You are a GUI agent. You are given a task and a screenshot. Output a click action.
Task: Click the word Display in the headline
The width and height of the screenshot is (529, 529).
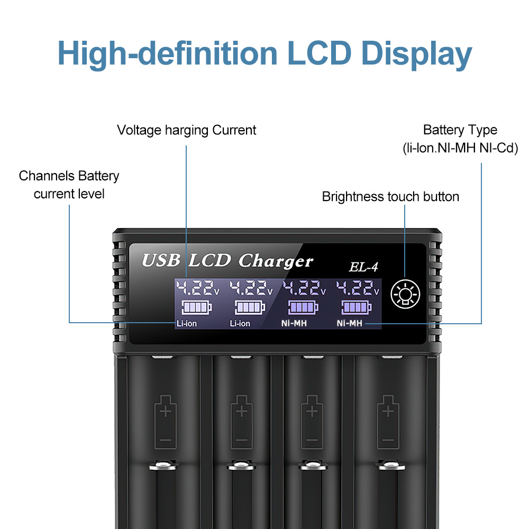[x=416, y=54]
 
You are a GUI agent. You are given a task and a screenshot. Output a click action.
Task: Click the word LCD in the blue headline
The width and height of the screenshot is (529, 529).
[x=319, y=53]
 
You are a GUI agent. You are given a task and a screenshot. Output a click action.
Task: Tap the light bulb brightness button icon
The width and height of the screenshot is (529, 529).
[x=405, y=294]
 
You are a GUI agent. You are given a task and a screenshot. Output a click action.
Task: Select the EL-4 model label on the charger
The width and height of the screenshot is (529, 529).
[x=363, y=267]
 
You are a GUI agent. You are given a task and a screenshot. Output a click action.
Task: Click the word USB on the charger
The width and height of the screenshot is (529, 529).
[x=161, y=260]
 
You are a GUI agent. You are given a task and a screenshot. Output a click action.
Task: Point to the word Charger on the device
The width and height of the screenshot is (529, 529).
[x=276, y=261]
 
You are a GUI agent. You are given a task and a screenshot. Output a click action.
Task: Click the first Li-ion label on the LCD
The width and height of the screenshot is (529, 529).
[x=187, y=324]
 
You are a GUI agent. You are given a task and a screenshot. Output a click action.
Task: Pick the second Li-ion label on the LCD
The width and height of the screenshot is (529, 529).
[x=240, y=324]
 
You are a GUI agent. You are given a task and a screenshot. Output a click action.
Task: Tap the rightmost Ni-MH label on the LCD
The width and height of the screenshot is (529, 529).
[x=349, y=323]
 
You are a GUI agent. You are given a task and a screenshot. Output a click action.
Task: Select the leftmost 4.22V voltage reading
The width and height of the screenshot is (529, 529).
[x=198, y=288]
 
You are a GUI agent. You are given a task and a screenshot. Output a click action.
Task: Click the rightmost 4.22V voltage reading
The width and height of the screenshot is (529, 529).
[x=358, y=288]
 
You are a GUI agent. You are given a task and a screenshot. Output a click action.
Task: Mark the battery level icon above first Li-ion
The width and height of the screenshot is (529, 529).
[x=197, y=307]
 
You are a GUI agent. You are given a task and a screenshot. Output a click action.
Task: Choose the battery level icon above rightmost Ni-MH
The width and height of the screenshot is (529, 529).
[x=357, y=307]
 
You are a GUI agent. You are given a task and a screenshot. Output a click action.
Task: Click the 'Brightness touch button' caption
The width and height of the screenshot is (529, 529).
[x=390, y=197]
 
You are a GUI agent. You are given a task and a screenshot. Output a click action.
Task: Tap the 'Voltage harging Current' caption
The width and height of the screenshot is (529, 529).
[x=187, y=130]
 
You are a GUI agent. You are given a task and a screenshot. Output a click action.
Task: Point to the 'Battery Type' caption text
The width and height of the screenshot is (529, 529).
[x=460, y=130]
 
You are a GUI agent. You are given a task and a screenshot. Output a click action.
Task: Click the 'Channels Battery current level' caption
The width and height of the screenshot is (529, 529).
[x=69, y=185]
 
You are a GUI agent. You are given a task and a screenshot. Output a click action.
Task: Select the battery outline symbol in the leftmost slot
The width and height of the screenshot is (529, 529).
[x=165, y=422]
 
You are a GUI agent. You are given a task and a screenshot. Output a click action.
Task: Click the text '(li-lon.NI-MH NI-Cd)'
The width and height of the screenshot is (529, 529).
[x=460, y=148]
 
